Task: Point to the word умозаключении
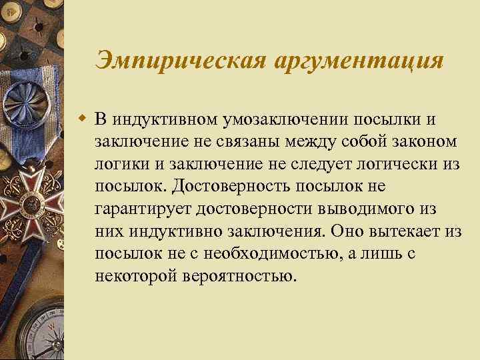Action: [x=281, y=119]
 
